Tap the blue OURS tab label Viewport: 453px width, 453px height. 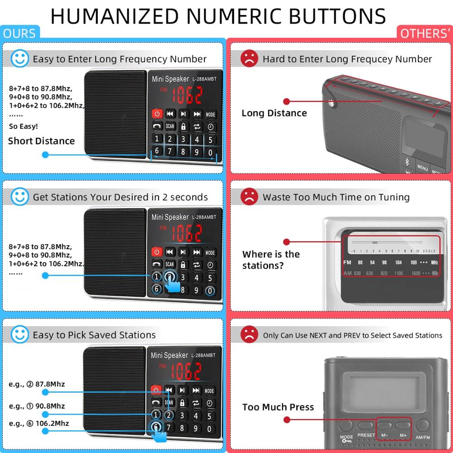19,34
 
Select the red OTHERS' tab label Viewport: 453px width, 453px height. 424,34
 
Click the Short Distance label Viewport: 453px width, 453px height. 41,141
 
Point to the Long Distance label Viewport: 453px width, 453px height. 274,113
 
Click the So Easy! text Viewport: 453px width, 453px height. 24,126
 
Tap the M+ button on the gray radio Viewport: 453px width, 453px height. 403,426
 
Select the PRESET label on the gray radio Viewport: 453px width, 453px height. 366,435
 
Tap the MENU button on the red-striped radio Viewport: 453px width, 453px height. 423,168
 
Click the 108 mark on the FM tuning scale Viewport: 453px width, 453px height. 413,263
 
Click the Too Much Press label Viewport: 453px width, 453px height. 278,407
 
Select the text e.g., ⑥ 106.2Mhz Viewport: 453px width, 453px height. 39,423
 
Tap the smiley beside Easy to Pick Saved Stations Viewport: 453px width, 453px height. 19,335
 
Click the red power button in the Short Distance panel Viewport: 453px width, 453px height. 157,114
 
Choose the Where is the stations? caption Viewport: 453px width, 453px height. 271,260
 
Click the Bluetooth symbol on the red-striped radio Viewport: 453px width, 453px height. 406,161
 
